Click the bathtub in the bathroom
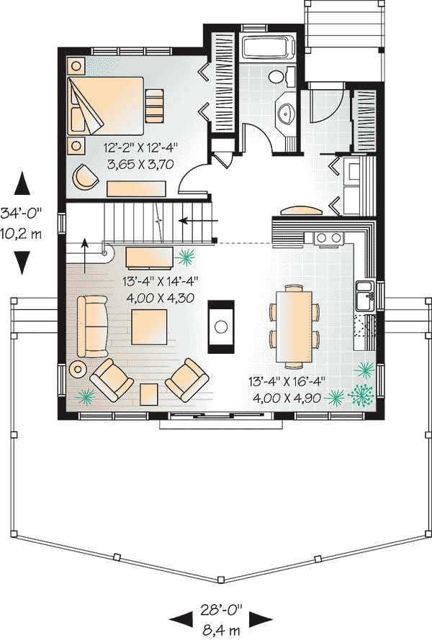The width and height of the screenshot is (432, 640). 269,47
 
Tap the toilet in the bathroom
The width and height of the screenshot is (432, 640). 282,76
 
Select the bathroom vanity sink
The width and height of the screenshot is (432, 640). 285,111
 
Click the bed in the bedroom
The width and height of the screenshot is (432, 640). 105,106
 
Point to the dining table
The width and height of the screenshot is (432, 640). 294,326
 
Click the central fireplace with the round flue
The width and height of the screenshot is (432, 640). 221,326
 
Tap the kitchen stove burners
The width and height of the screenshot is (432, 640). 328,237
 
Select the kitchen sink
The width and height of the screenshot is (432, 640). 365,296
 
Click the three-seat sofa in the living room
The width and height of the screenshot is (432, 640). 92,327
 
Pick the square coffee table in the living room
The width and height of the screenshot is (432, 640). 149,326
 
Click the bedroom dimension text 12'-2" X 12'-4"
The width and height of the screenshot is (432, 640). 140,147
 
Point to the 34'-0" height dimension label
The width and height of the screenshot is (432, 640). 21,213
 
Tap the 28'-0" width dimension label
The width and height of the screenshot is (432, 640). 222,610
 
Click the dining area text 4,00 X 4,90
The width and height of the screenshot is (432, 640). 287,398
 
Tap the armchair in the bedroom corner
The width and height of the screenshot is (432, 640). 86,177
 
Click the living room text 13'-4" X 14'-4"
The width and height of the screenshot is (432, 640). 161,281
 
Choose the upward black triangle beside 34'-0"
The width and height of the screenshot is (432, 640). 22,183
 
